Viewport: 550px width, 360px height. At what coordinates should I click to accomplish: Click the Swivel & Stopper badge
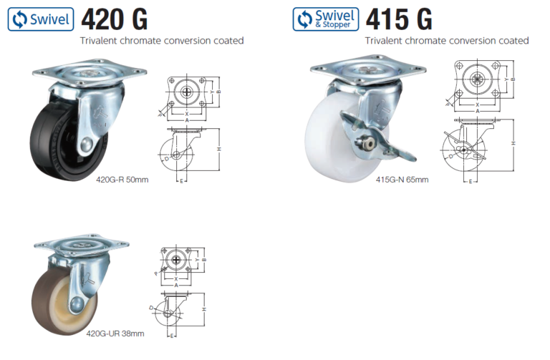pos(326,19)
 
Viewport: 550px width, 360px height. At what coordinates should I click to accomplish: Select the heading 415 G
pos(399,18)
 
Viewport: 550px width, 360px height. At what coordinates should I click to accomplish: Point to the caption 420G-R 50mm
pos(122,180)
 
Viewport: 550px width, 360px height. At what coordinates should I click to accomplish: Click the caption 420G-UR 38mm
pos(115,334)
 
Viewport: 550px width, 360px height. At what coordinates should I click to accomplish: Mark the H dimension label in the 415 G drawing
pos(513,143)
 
